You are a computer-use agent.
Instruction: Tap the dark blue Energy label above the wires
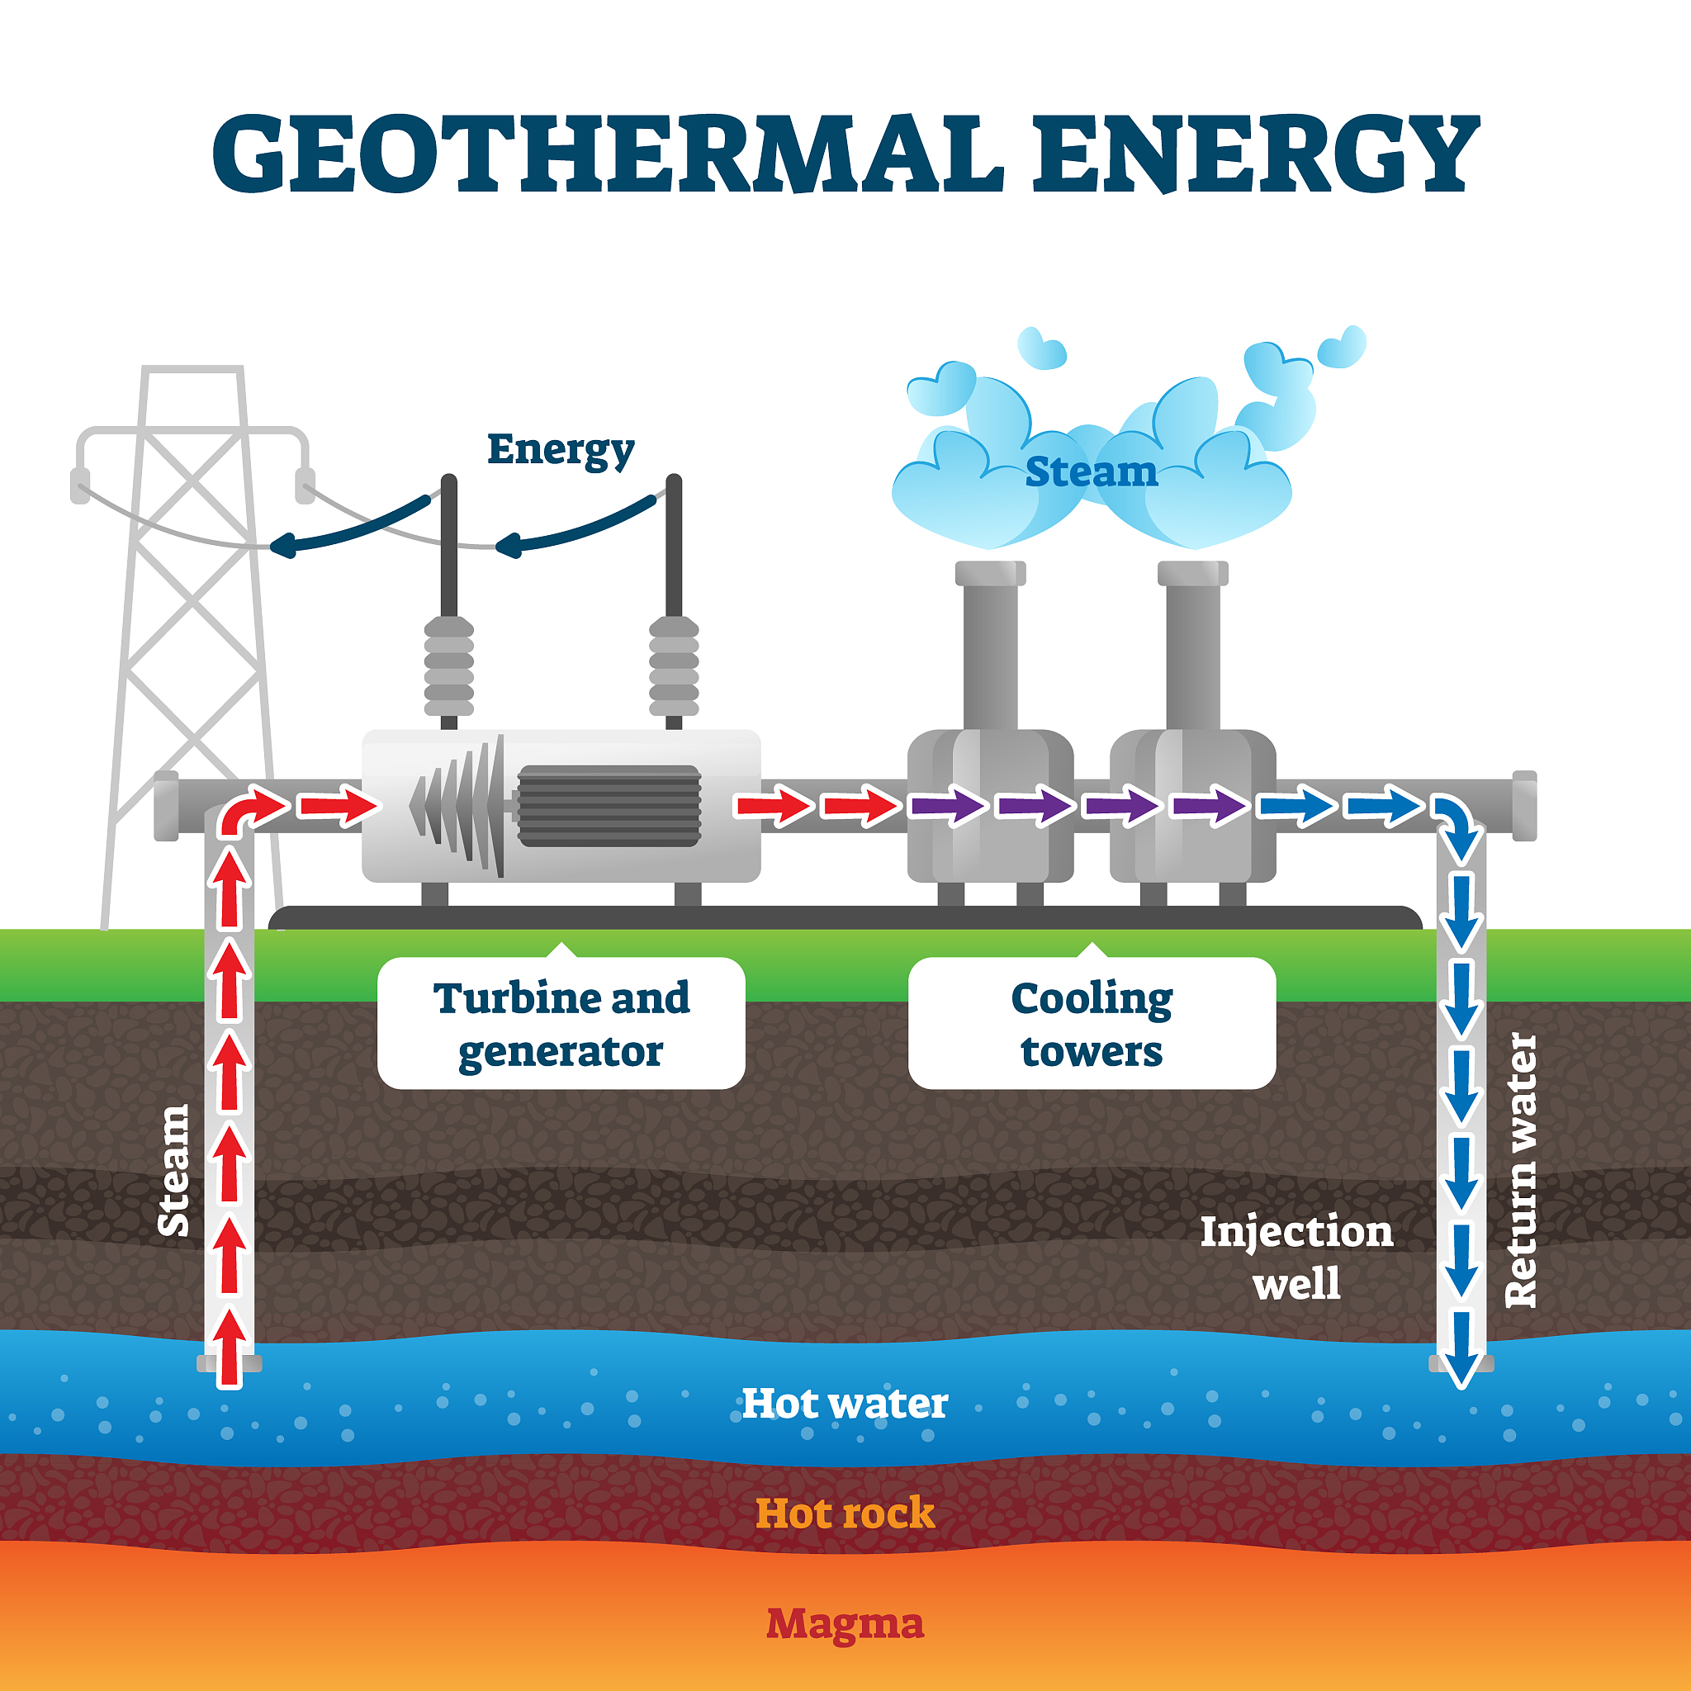tap(560, 451)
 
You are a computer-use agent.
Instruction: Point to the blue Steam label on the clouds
tap(1092, 472)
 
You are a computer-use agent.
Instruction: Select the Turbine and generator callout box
tap(561, 1023)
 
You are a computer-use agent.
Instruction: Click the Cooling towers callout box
tap(1092, 1023)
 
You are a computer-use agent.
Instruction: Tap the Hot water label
tap(845, 1404)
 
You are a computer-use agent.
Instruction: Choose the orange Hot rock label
tap(845, 1513)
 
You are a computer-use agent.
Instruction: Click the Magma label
tap(845, 1623)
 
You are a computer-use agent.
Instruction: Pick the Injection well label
tap(1296, 1257)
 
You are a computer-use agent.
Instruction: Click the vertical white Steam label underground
tap(173, 1170)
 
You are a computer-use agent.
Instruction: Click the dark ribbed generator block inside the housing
tap(609, 806)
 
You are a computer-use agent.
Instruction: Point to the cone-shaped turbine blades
tap(460, 806)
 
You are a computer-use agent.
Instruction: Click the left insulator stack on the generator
tap(449, 667)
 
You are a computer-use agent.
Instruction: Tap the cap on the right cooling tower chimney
tap(1192, 573)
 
